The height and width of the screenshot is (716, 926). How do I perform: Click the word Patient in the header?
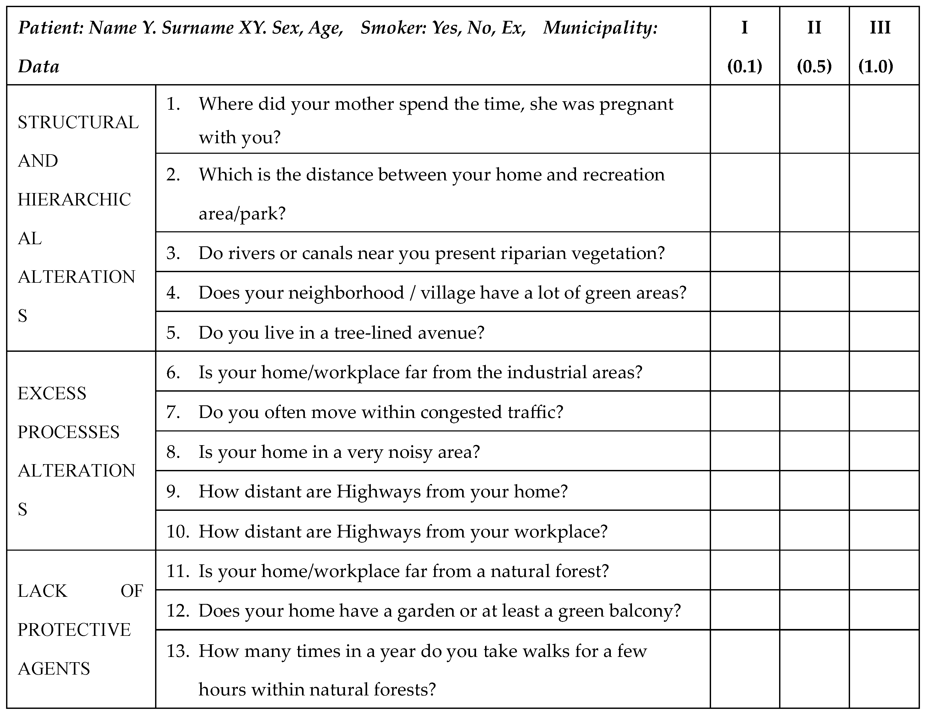pyautogui.click(x=50, y=28)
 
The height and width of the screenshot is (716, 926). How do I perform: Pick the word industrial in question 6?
pyautogui.click(x=547, y=372)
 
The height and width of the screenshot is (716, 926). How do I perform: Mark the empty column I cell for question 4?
pyautogui.click(x=745, y=292)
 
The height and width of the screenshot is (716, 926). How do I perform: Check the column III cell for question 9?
pyautogui.click(x=884, y=491)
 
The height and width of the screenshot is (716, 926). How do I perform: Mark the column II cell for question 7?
pyautogui.click(x=814, y=411)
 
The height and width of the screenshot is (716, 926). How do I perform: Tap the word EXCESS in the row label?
pyautogui.click(x=52, y=393)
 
